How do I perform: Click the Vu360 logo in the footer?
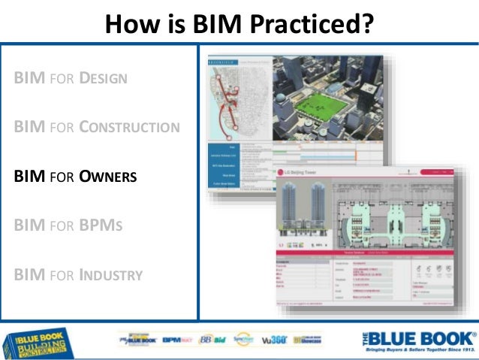[272, 340]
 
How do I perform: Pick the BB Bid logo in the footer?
[213, 340]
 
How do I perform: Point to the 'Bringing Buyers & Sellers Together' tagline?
[420, 351]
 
